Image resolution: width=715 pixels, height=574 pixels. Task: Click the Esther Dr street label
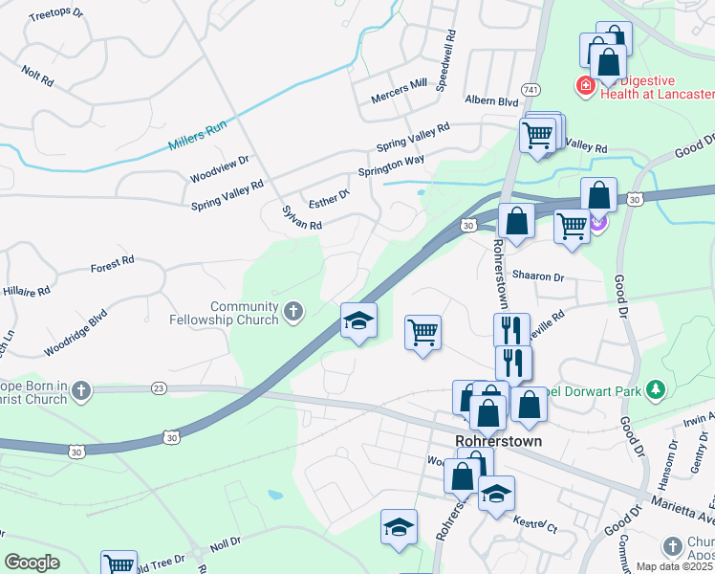click(329, 197)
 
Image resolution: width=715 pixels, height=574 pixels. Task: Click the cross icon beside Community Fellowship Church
click(293, 310)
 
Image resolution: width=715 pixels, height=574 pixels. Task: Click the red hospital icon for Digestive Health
click(582, 87)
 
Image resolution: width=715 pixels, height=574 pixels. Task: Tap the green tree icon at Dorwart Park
click(655, 389)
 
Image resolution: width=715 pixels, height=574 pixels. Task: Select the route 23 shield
click(159, 388)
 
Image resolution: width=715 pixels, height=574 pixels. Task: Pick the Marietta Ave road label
click(682, 504)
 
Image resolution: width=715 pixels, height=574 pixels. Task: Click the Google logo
click(32, 563)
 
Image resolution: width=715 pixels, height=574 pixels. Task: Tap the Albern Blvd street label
click(491, 101)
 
